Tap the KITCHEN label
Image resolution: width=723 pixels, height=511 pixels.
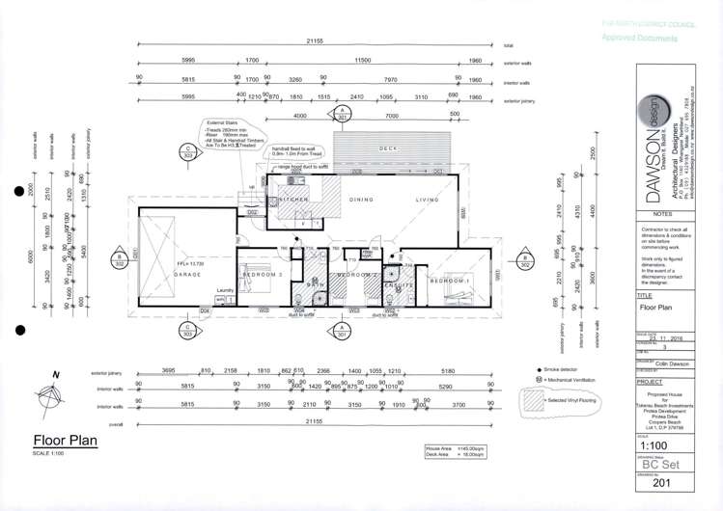click(x=294, y=199)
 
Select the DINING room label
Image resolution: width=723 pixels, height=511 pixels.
click(x=362, y=200)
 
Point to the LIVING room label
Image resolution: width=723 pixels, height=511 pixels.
click(x=427, y=200)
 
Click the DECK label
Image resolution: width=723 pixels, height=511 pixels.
click(x=388, y=148)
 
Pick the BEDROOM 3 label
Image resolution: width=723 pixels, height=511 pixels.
click(x=263, y=275)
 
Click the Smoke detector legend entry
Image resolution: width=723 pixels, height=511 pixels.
click(x=560, y=369)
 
